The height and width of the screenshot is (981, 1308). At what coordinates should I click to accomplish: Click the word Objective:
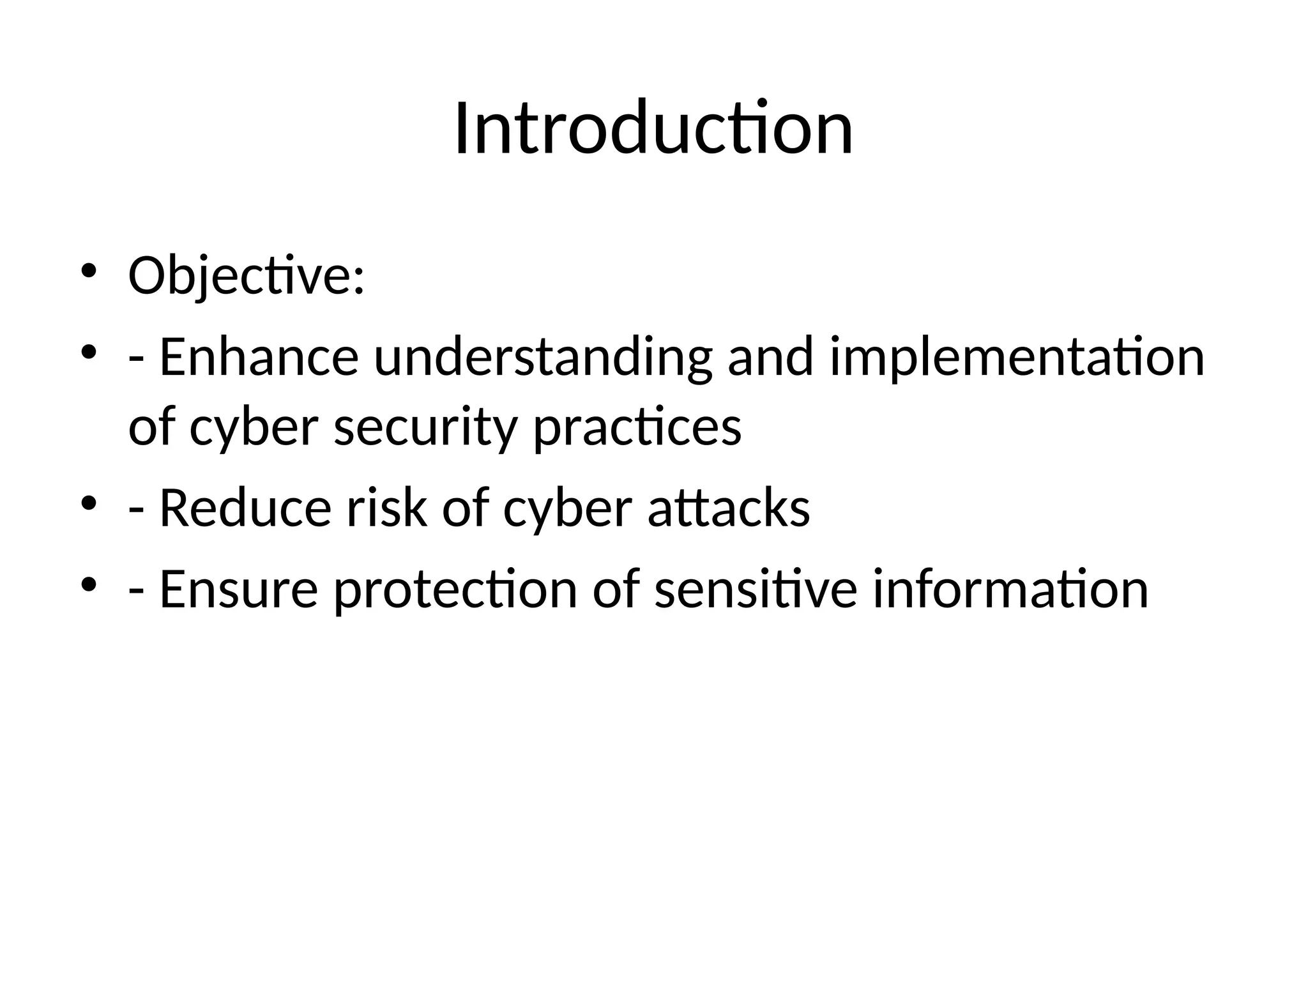coord(247,275)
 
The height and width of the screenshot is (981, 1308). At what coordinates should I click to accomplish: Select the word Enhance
coord(259,357)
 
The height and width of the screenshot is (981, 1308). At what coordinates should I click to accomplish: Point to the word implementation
coord(1017,357)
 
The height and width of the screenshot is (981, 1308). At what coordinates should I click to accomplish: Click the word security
coord(425,427)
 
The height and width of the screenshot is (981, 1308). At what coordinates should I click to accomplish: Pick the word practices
coord(637,427)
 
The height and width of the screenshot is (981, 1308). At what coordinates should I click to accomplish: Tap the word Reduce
coord(245,508)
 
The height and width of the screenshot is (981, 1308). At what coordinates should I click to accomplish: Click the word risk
coord(386,508)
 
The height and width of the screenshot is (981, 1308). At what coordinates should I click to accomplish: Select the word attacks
coord(729,508)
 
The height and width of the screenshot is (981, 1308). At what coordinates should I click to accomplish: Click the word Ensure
coord(238,589)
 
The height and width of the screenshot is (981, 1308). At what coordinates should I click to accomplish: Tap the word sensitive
coord(756,589)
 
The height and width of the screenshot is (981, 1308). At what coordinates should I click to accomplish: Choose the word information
coord(1010,589)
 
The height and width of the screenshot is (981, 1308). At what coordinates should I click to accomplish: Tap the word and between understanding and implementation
coord(770,357)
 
